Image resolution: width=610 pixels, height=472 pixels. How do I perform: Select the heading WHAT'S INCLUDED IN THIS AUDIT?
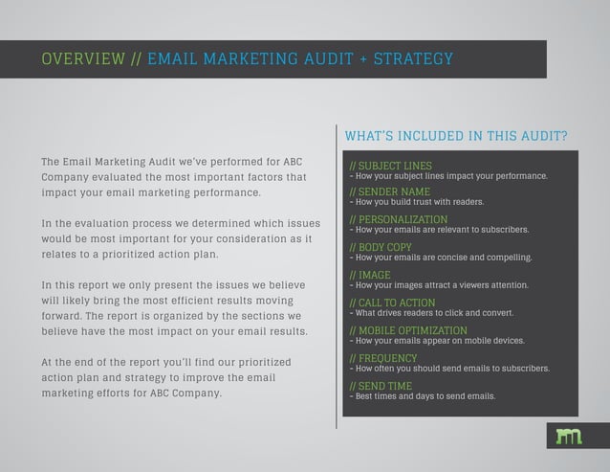click(454, 135)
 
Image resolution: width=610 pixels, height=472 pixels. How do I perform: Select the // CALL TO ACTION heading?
click(386, 303)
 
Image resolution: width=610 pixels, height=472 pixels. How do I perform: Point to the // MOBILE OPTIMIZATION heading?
click(406, 331)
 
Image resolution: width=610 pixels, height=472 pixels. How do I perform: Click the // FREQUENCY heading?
click(381, 358)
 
